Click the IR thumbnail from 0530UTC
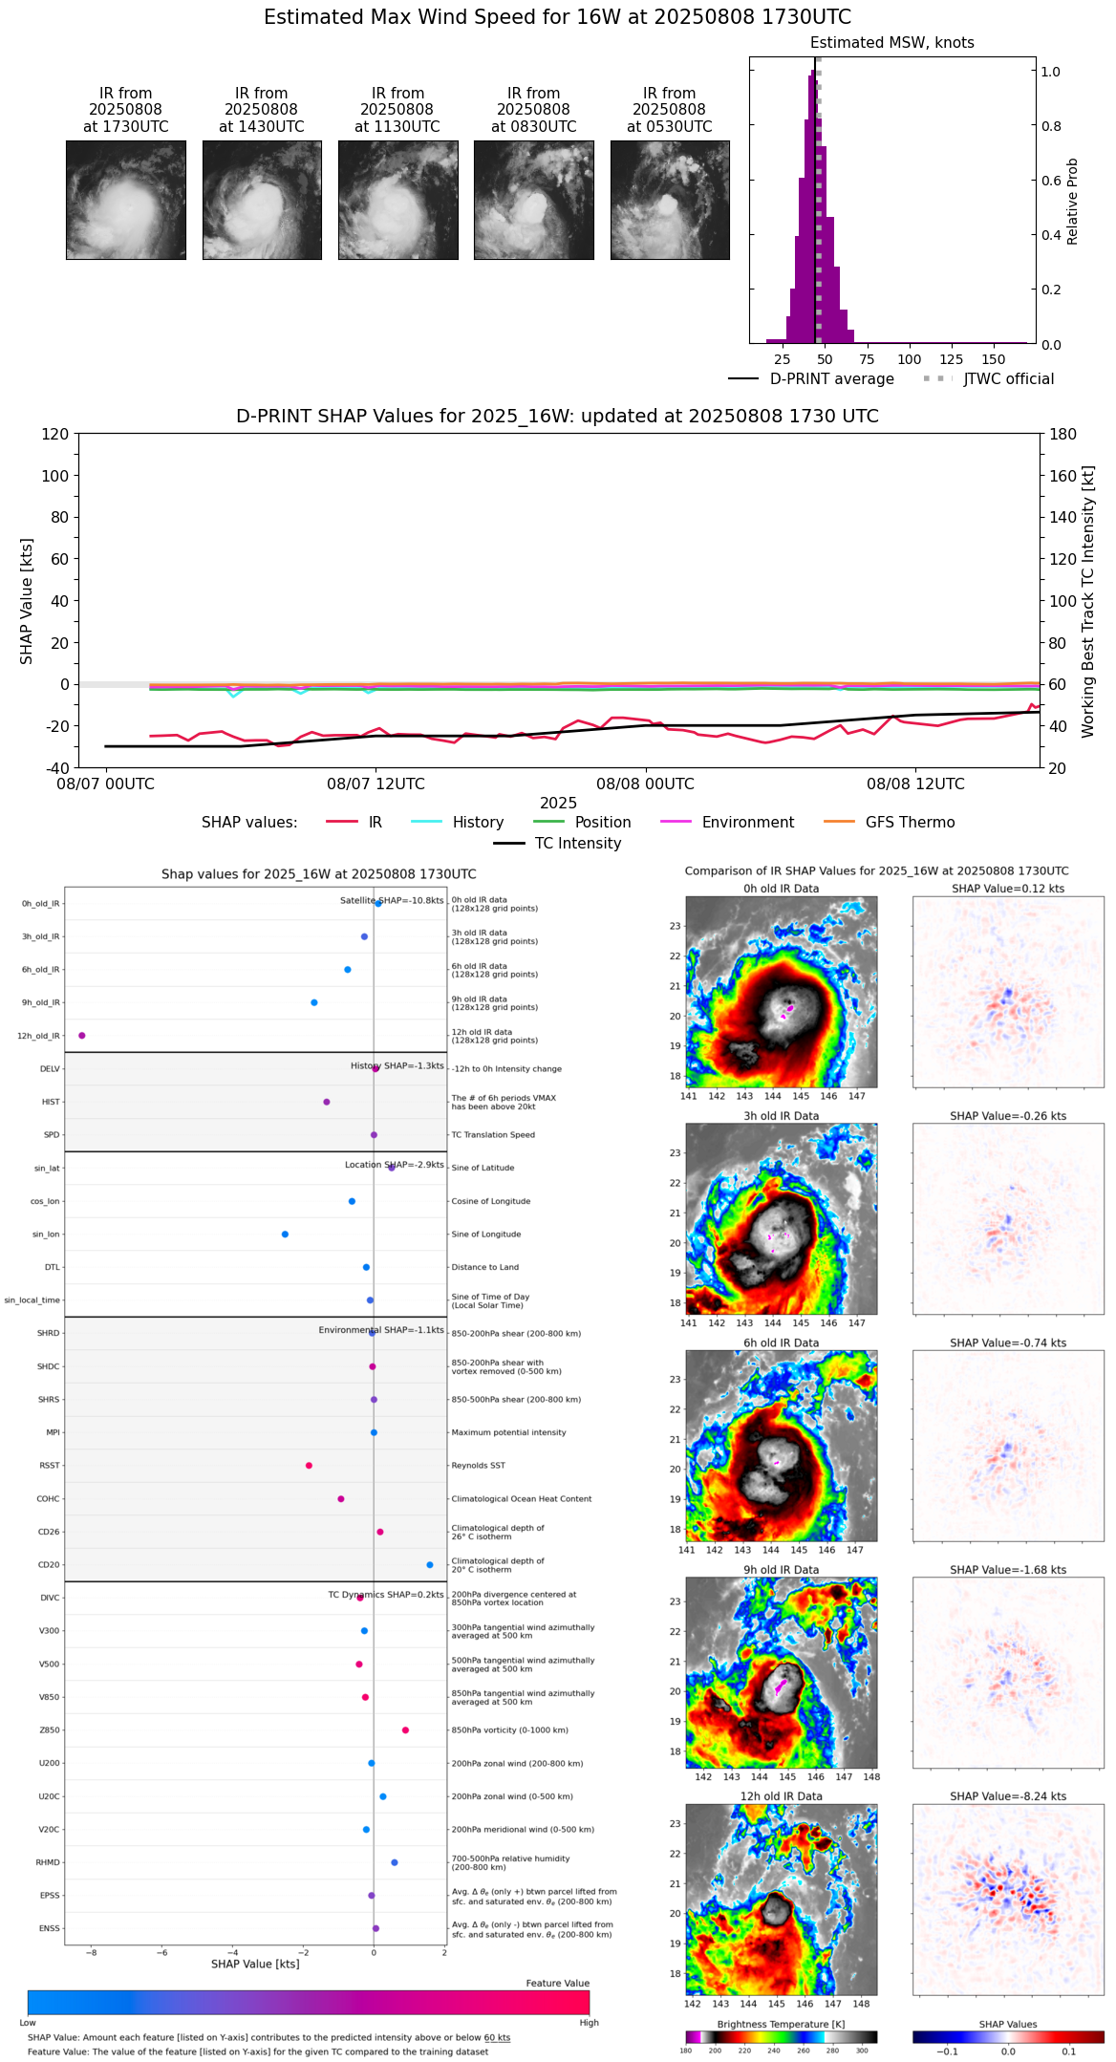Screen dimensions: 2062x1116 [x=670, y=200]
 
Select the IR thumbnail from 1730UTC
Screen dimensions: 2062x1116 [x=126, y=200]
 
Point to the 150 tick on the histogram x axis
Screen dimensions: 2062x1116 [x=994, y=359]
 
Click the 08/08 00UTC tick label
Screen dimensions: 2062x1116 [x=645, y=784]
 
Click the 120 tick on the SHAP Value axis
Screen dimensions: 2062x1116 [x=55, y=435]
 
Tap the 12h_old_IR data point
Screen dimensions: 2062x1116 [x=82, y=1036]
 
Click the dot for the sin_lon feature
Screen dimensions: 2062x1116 [x=285, y=1235]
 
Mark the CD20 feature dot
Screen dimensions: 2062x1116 [x=430, y=1565]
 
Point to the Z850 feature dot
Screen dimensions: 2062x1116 [x=405, y=1730]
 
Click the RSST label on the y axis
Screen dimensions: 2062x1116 [x=49, y=1466]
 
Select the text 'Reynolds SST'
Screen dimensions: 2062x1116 [x=478, y=1466]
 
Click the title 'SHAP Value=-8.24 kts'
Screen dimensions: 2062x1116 [x=1008, y=1796]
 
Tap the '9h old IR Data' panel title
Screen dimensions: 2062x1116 [x=781, y=1570]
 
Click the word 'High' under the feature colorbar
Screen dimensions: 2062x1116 [x=589, y=2023]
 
